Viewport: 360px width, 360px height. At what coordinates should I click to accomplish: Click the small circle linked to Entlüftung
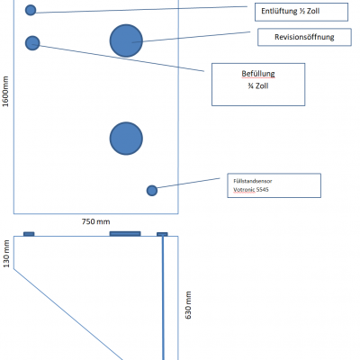[x=31, y=10]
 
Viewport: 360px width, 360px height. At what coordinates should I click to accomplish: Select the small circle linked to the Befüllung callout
[x=32, y=43]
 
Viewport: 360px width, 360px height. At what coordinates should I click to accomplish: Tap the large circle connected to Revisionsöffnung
[x=126, y=40]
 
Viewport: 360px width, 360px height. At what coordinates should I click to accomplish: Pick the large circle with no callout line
[x=126, y=139]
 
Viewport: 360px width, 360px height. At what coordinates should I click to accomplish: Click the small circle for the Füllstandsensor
[x=152, y=191]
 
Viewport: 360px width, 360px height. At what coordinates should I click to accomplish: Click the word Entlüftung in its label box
[x=279, y=11]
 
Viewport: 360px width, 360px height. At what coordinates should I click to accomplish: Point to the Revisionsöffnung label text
[x=304, y=37]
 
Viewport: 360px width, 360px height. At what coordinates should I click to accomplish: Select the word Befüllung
[x=258, y=74]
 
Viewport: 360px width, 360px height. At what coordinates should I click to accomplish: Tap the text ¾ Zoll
[x=258, y=86]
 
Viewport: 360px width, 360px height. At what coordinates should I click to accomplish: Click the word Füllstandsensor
[x=253, y=181]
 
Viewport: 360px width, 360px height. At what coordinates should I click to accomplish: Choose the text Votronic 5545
[x=251, y=190]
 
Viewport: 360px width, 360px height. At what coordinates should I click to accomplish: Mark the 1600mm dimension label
[x=5, y=92]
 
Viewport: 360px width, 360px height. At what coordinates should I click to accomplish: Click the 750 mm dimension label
[x=96, y=221]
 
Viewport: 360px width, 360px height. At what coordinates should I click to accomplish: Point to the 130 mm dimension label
[x=6, y=254]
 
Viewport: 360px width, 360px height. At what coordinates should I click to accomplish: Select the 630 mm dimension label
[x=188, y=305]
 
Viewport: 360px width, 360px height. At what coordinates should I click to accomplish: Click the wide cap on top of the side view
[x=125, y=234]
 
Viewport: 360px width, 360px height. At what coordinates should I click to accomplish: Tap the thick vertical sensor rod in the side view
[x=163, y=298]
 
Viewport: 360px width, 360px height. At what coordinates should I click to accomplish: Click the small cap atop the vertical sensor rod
[x=162, y=234]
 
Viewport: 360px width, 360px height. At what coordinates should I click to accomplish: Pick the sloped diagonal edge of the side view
[x=68, y=314]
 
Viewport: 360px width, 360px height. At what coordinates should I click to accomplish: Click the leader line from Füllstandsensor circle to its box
[x=188, y=184]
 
